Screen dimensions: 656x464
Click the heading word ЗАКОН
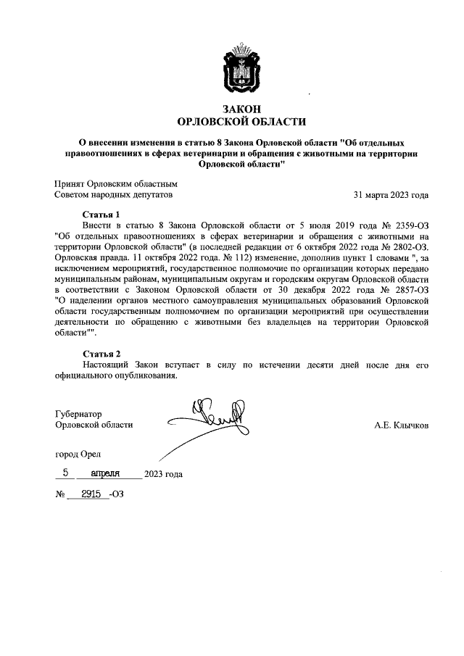[x=242, y=109]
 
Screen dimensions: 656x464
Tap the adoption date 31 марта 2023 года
[x=390, y=195]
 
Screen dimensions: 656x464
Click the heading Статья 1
[x=101, y=215]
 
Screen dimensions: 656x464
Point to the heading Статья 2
[x=101, y=353]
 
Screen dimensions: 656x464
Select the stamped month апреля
[x=109, y=473]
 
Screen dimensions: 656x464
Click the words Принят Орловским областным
[x=116, y=184]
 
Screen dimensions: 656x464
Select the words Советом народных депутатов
[x=114, y=195]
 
